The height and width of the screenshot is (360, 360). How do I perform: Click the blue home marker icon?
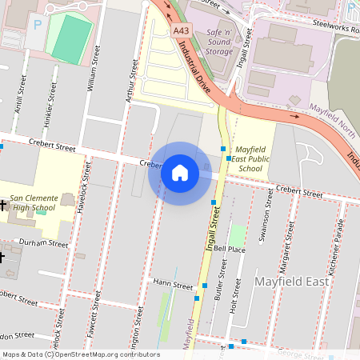coord(180,172)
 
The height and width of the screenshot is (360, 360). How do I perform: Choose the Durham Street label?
coord(44,242)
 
